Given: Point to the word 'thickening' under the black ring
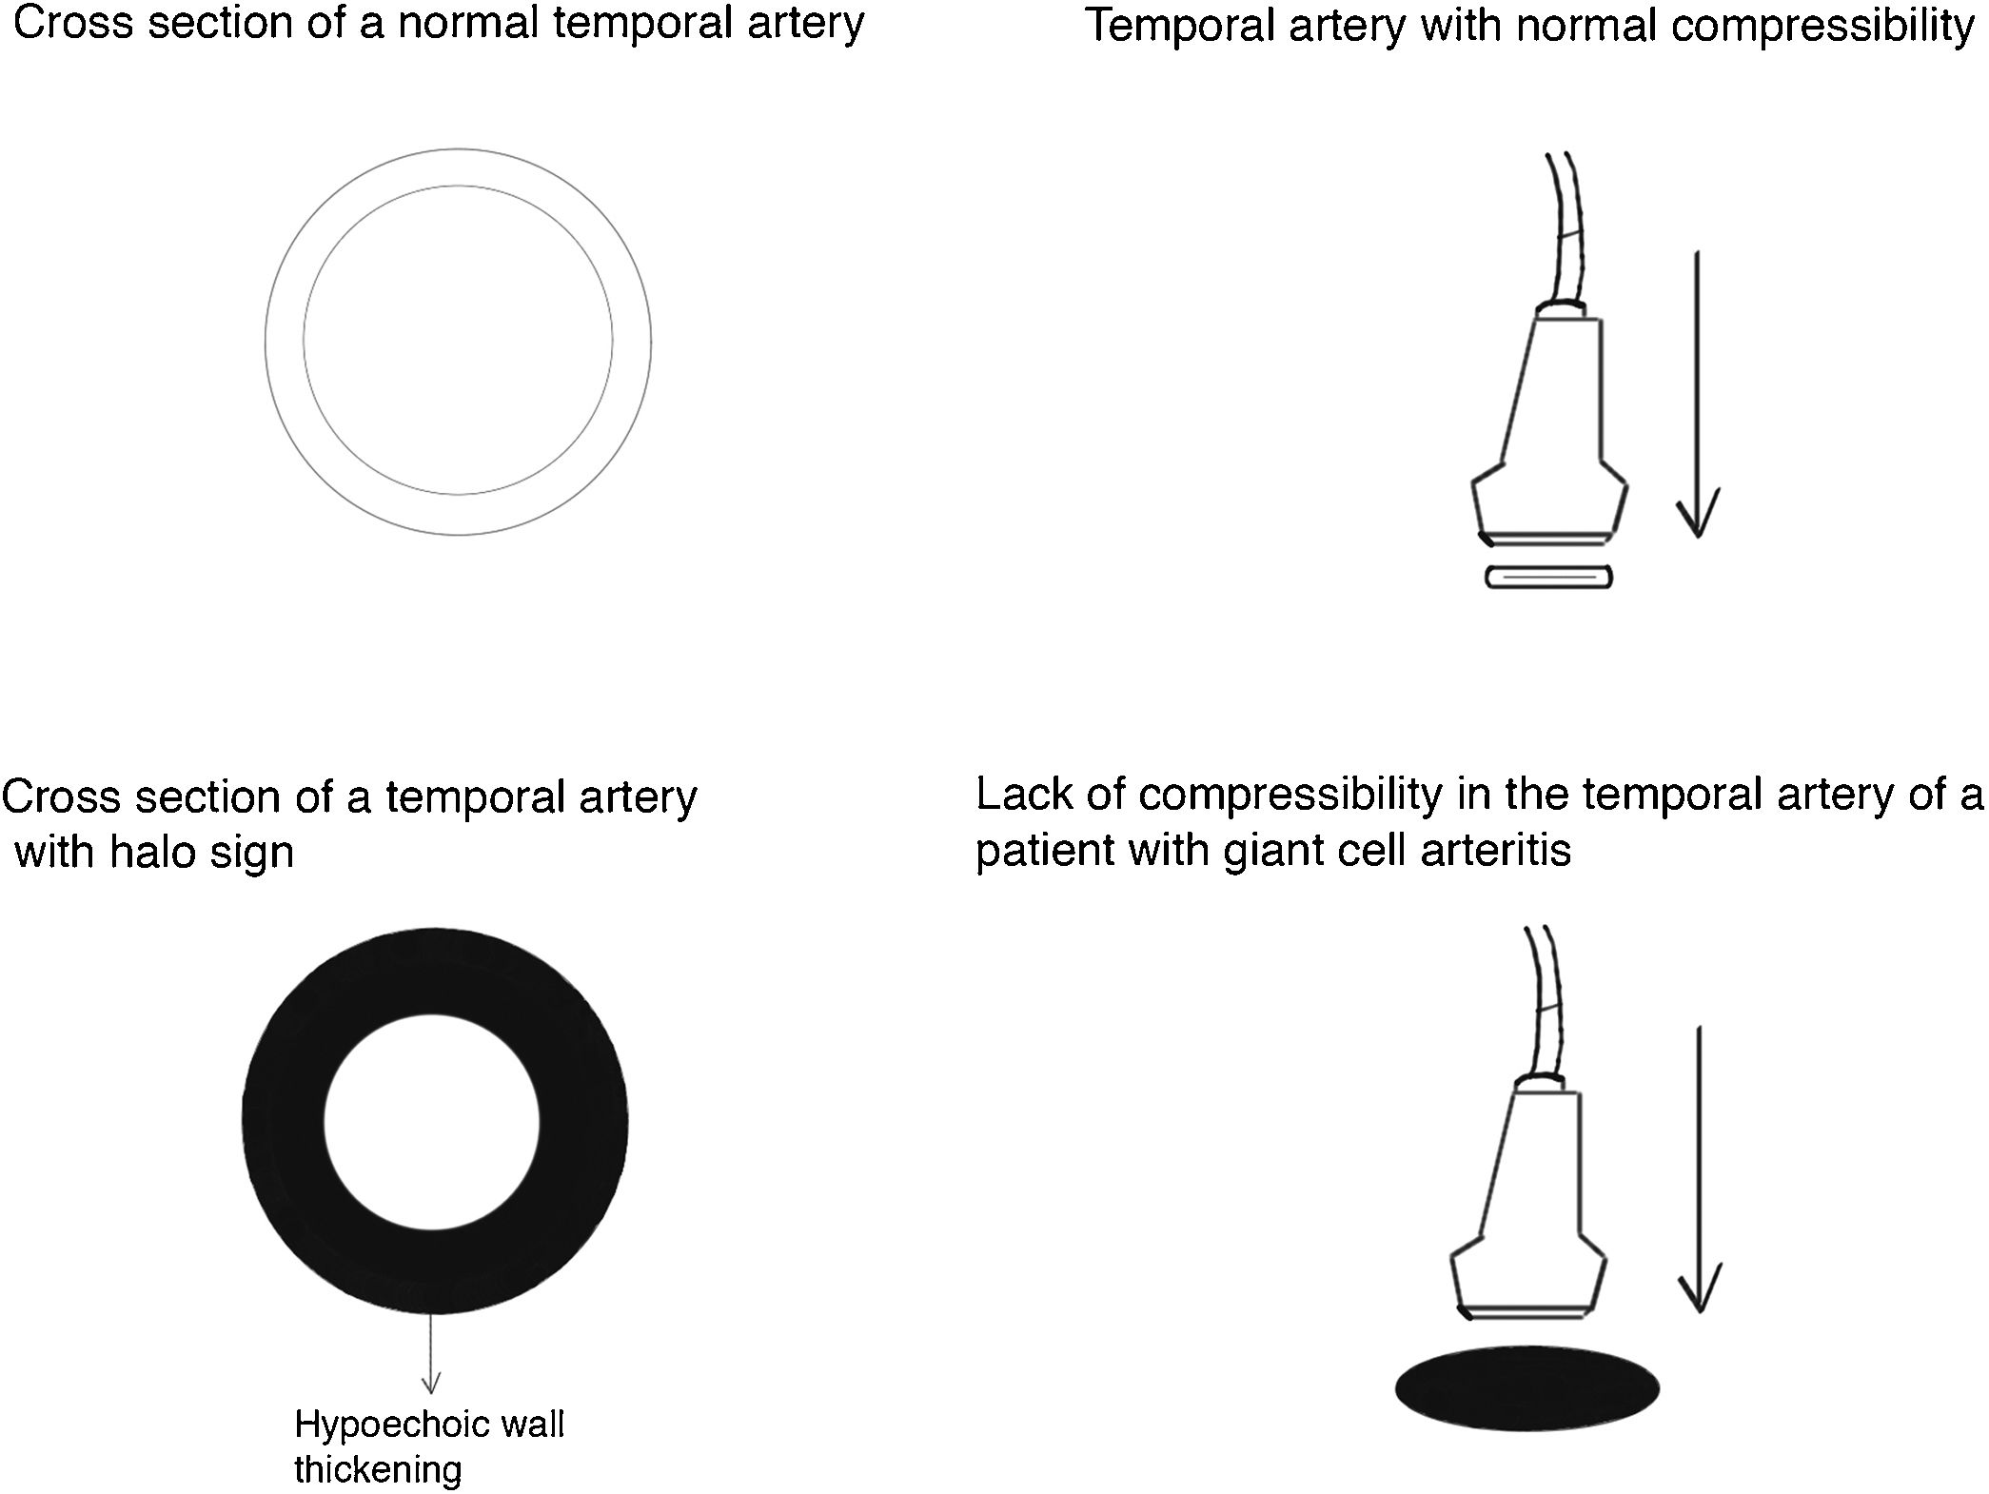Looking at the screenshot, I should pyautogui.click(x=378, y=1470).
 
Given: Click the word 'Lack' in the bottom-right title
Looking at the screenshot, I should pyautogui.click(x=1022, y=795).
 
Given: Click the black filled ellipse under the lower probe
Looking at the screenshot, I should pyautogui.click(x=1527, y=1388).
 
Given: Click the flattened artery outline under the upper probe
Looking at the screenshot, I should pyautogui.click(x=1549, y=577).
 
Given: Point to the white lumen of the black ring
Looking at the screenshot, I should pyautogui.click(x=432, y=1122).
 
